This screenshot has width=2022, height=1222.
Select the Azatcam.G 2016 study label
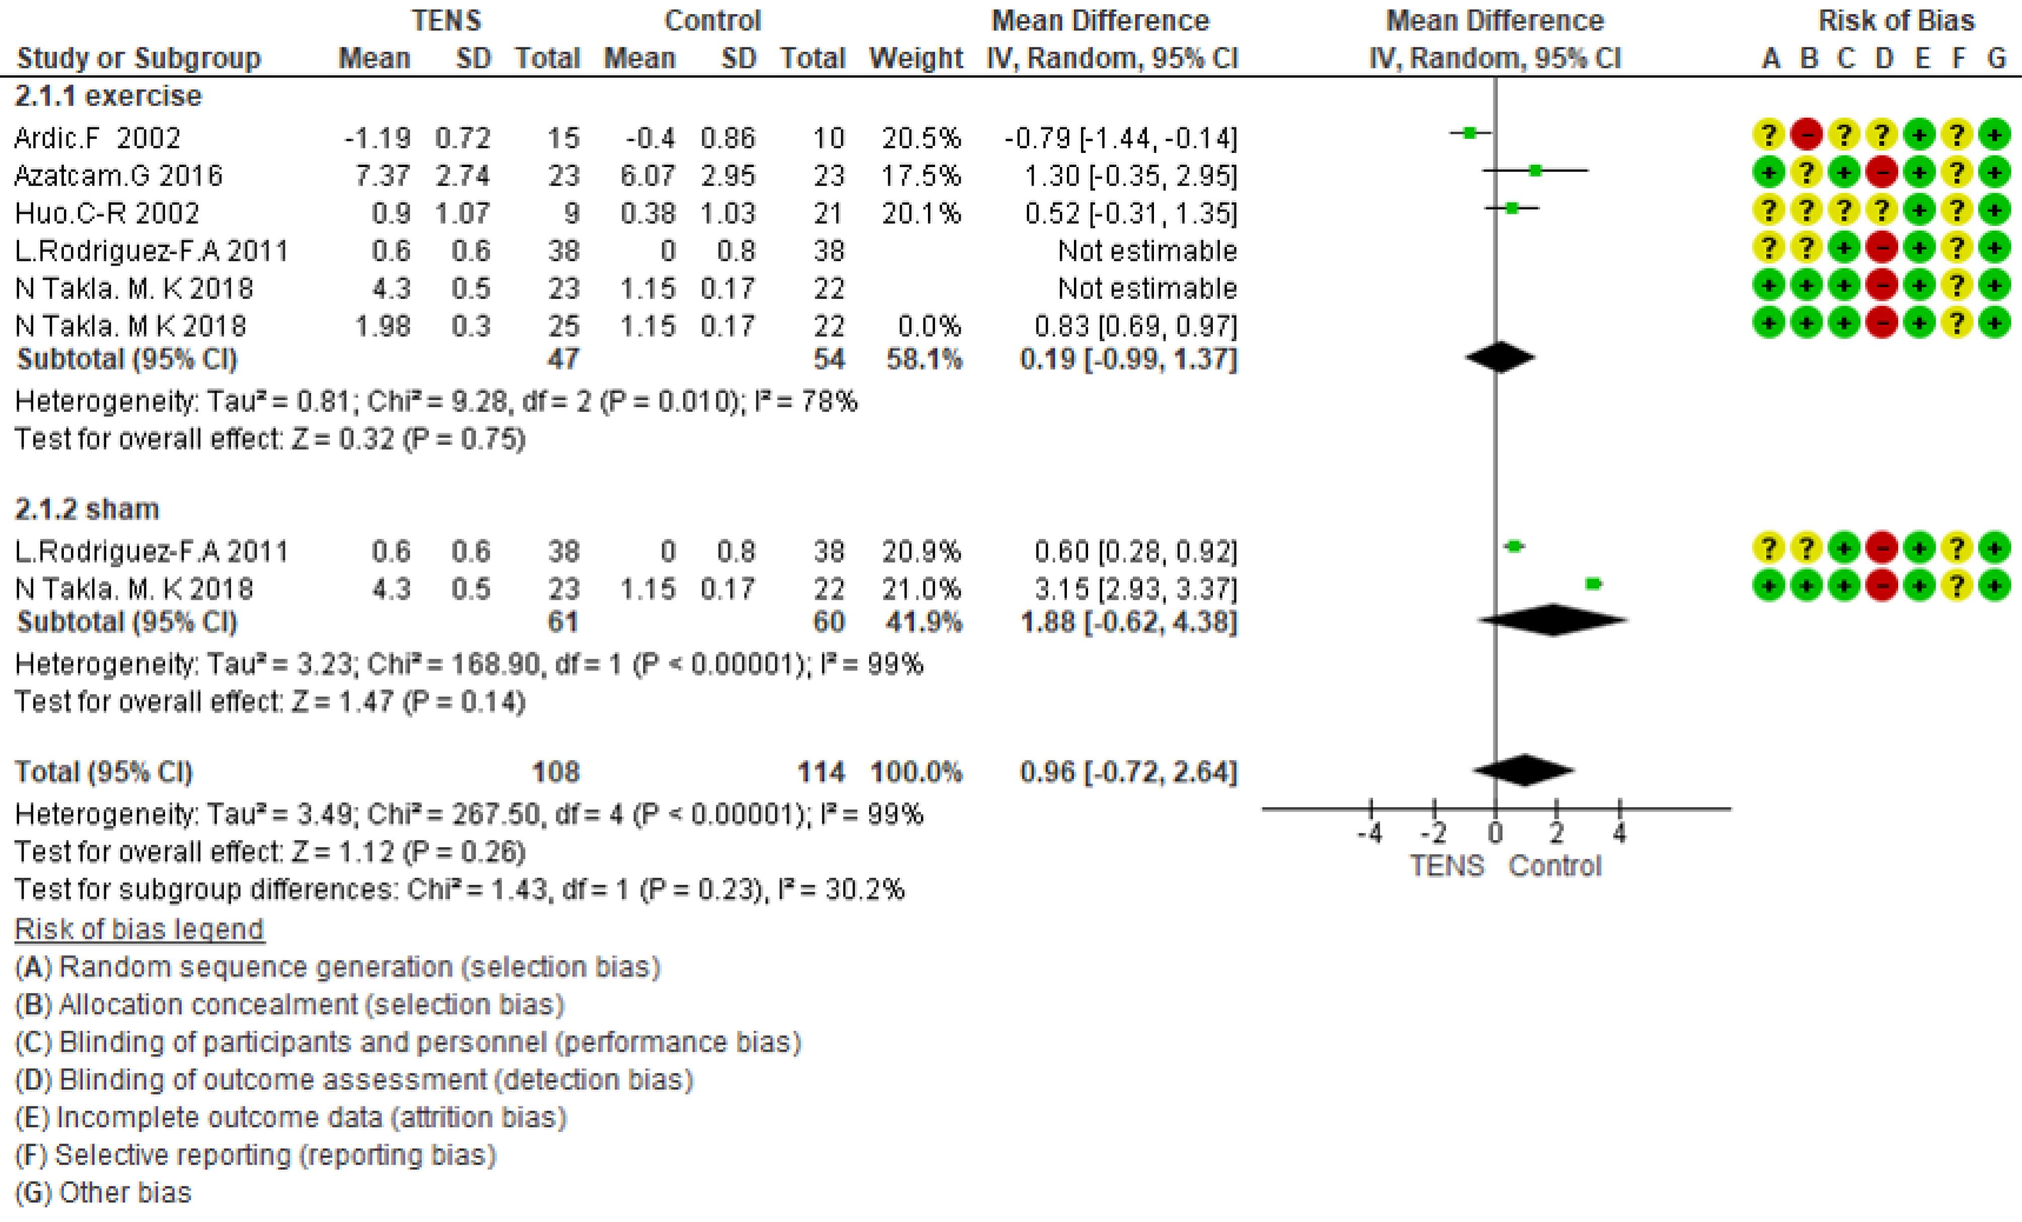[x=118, y=176]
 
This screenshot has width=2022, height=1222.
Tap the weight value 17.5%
[x=921, y=176]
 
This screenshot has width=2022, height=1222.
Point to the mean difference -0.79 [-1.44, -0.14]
[x=1120, y=138]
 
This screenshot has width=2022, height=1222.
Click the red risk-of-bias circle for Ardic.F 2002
[x=1807, y=134]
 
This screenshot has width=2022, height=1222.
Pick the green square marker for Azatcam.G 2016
[x=1535, y=171]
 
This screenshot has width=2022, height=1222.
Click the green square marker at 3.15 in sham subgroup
[x=1593, y=584]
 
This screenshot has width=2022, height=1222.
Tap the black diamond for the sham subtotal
[x=1553, y=620]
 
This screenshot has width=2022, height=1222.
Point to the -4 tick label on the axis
[x=1369, y=834]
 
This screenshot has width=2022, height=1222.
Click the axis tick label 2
[x=1557, y=834]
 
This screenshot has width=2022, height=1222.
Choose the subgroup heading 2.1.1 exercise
[x=108, y=96]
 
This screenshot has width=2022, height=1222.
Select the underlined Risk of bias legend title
[x=139, y=929]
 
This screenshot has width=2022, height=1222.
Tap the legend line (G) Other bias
[x=103, y=1192]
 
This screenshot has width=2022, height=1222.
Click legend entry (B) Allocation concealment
[x=290, y=1005]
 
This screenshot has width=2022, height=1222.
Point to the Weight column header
[x=916, y=58]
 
